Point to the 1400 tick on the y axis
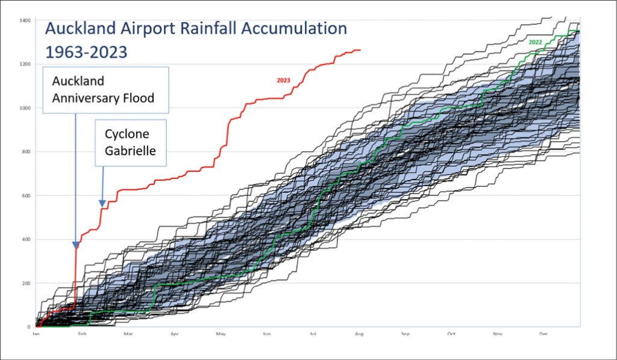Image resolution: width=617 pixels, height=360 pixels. click(x=25, y=21)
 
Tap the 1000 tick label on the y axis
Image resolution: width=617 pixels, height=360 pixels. click(x=25, y=109)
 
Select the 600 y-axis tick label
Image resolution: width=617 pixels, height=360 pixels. click(x=26, y=195)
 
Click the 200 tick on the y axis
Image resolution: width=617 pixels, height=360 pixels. click(x=26, y=283)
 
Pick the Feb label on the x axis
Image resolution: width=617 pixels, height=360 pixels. click(x=82, y=333)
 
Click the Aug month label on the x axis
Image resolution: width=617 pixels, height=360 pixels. click(x=359, y=333)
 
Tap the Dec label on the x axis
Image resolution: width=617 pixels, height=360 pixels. click(x=544, y=333)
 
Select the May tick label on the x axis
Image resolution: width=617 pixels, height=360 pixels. click(x=221, y=333)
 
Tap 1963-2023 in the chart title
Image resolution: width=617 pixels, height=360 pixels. click(x=86, y=52)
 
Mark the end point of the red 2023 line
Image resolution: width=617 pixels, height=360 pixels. click(x=360, y=50)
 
